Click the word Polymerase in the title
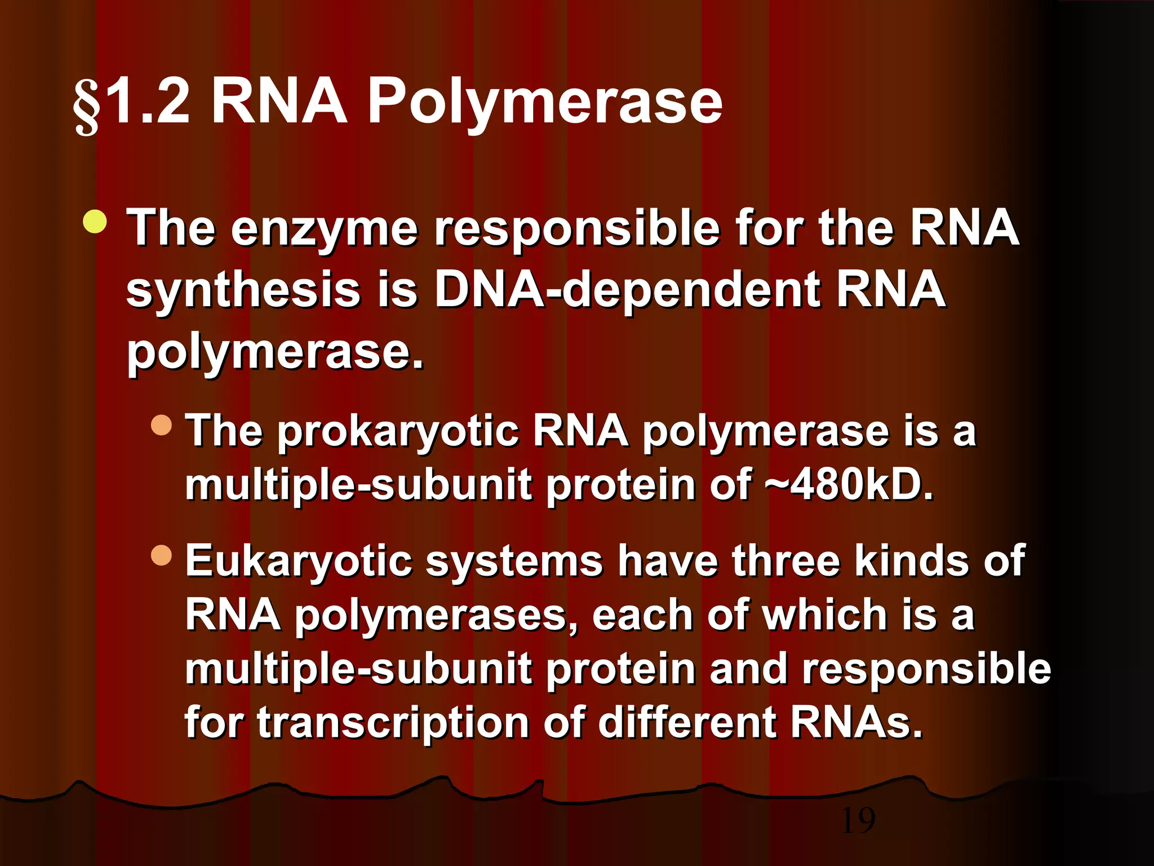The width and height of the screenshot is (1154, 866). coord(544,103)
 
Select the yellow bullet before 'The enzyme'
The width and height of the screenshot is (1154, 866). coord(94,222)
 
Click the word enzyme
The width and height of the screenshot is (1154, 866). coord(324,228)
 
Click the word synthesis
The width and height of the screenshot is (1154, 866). coord(243,290)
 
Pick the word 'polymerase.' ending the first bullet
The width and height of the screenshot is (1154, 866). coord(274,352)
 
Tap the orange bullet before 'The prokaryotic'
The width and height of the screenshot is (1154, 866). coord(161,425)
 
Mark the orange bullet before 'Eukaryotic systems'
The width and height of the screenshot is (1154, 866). coord(161,555)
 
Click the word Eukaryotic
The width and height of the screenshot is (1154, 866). coord(298,562)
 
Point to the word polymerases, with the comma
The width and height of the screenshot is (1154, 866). coord(437,615)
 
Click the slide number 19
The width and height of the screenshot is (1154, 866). coord(858,821)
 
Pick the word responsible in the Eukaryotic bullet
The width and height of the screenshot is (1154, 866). coord(926,669)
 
